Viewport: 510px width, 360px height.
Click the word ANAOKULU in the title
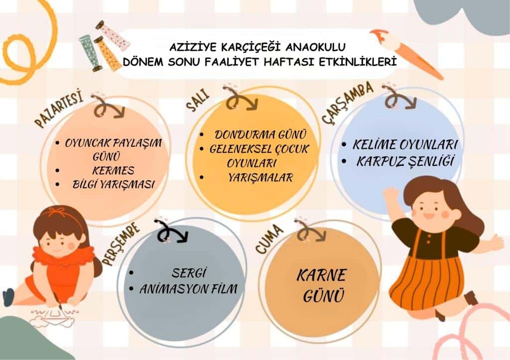(x=315, y=47)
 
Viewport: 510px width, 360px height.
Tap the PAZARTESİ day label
(x=59, y=110)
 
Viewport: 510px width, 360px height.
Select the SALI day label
(x=198, y=102)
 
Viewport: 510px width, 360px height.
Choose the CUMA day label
(x=269, y=239)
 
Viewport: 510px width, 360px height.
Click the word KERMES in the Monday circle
(x=113, y=171)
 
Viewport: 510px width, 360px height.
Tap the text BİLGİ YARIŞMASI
(x=113, y=185)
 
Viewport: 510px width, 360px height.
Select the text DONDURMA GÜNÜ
(x=260, y=134)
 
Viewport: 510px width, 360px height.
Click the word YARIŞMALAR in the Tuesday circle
(x=260, y=178)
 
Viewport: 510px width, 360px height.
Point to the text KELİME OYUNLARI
(x=405, y=145)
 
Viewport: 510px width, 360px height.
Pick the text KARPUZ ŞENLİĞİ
(x=405, y=161)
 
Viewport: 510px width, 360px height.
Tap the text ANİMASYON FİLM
(x=189, y=289)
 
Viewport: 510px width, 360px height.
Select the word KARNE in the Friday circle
(x=321, y=275)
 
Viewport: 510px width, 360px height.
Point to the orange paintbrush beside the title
(x=406, y=54)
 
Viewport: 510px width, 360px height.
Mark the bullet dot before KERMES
(x=58, y=170)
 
